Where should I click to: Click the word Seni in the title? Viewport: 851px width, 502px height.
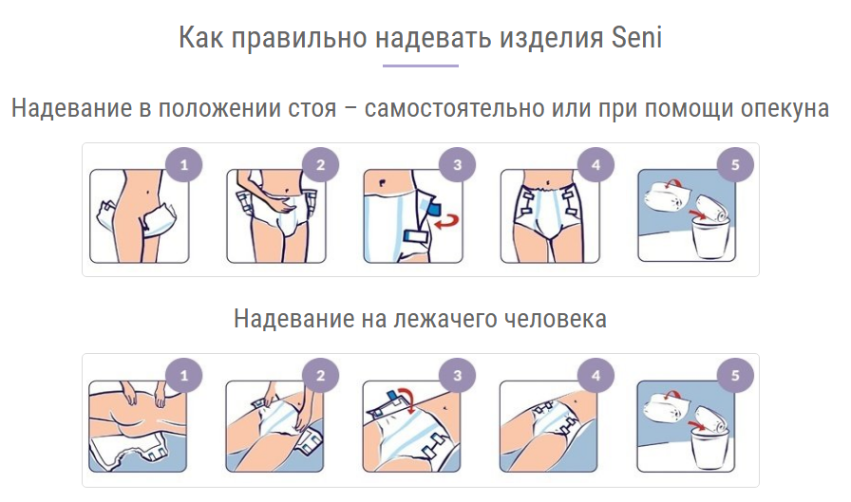click(x=636, y=38)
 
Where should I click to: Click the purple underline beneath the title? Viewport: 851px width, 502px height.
click(x=421, y=65)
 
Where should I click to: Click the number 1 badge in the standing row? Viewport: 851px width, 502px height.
click(x=184, y=165)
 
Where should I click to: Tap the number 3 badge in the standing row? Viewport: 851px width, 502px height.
click(x=457, y=165)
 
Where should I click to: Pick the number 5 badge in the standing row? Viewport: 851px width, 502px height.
click(x=735, y=165)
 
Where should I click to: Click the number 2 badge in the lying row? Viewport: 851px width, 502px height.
click(x=321, y=375)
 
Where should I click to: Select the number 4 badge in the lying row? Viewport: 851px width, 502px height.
click(x=596, y=375)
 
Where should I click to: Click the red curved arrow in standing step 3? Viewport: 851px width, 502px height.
click(x=448, y=221)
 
